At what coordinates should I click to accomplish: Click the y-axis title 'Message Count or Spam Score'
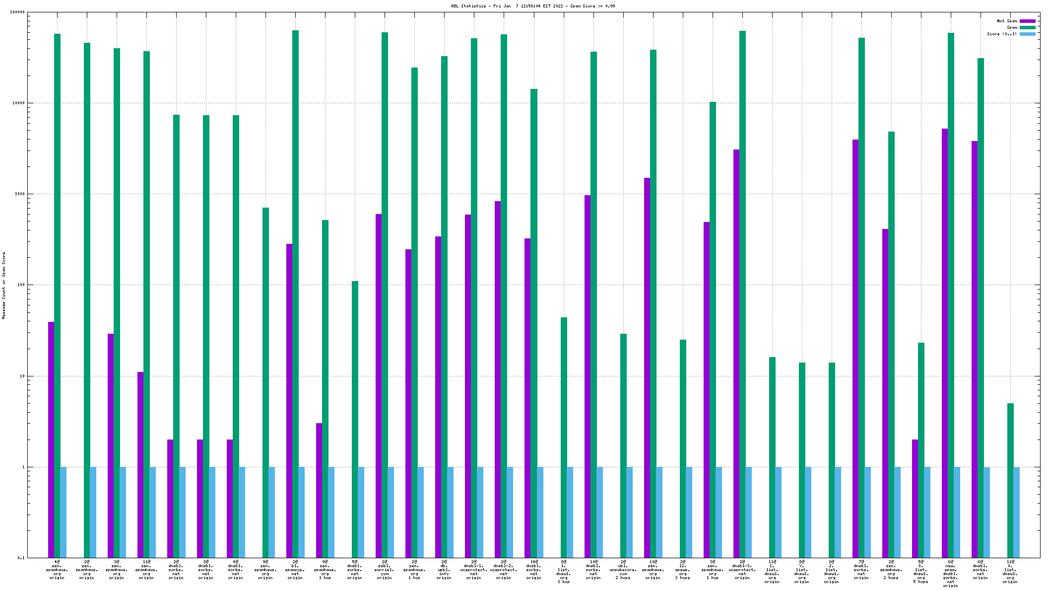pyautogui.click(x=4, y=285)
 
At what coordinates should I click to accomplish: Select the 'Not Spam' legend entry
pyautogui.click(x=1007, y=21)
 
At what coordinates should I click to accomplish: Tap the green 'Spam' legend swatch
pyautogui.click(x=1028, y=27)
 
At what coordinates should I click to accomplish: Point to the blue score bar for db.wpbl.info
pyautogui.click(x=451, y=512)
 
